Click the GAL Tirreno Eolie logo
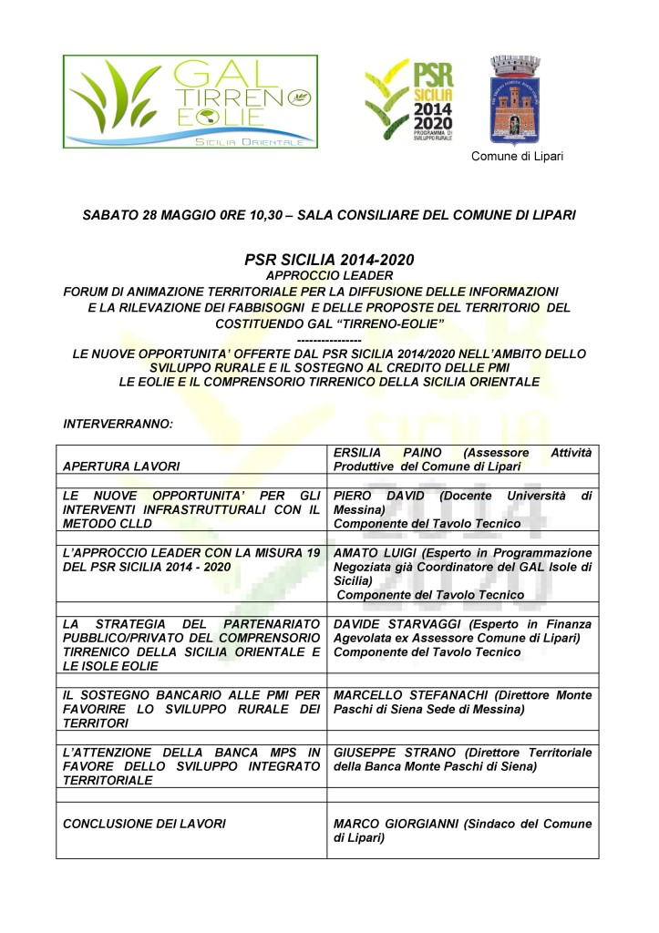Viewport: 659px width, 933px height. [190, 101]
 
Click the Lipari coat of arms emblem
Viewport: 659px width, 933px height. [516, 99]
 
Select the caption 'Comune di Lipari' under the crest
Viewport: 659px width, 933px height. [517, 156]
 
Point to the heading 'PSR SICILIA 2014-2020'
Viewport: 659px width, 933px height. [329, 260]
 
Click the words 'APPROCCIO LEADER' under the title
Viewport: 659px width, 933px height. [329, 275]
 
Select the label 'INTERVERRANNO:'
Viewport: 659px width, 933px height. [112, 424]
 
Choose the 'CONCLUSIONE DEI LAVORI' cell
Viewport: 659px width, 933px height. [144, 824]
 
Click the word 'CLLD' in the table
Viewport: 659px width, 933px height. [135, 525]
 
